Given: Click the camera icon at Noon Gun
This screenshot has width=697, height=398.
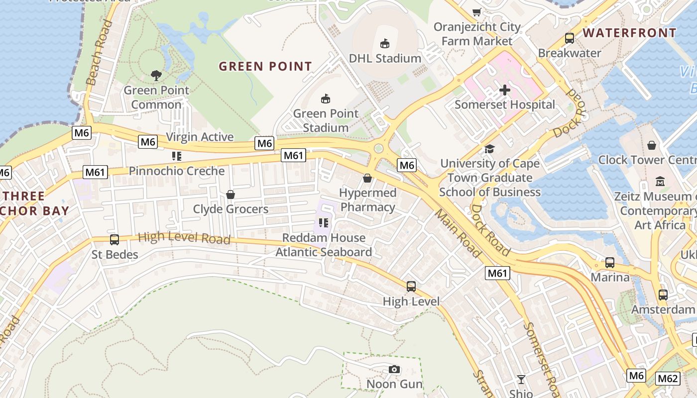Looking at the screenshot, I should click(x=394, y=369).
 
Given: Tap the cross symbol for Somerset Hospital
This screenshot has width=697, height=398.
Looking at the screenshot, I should click(x=505, y=90).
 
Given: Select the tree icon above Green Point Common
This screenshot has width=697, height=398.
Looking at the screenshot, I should click(x=156, y=76).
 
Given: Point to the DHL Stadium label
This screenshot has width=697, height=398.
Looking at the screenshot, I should click(x=385, y=58).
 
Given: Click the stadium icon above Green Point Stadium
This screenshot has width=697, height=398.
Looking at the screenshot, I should click(x=326, y=99).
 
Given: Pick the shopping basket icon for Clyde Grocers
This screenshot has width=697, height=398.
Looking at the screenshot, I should click(x=231, y=194).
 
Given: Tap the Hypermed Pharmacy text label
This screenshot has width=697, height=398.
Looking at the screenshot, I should click(x=368, y=200).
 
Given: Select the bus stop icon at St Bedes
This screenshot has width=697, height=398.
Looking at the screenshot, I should click(x=115, y=240).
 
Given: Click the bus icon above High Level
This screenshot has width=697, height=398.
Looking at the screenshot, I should click(x=411, y=287).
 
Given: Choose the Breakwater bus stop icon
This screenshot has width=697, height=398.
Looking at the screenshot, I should click(x=570, y=38).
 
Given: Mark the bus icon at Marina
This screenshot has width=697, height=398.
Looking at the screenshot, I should click(x=610, y=263).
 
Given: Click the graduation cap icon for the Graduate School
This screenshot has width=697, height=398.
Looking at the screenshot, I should click(x=490, y=149).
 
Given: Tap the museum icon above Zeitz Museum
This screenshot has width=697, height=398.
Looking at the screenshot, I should click(x=660, y=182).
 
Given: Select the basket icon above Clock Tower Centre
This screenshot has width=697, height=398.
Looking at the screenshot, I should click(x=652, y=145).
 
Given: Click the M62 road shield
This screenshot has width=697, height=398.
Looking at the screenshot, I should click(x=668, y=379).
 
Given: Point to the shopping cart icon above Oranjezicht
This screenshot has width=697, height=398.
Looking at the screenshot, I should click(x=477, y=12).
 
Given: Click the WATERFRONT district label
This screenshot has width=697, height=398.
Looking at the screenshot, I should click(x=629, y=33).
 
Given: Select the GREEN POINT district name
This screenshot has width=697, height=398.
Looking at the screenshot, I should click(x=265, y=66).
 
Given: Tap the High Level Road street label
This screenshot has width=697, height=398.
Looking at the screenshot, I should click(x=184, y=238).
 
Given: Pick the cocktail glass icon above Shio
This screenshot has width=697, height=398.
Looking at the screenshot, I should click(x=521, y=380).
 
